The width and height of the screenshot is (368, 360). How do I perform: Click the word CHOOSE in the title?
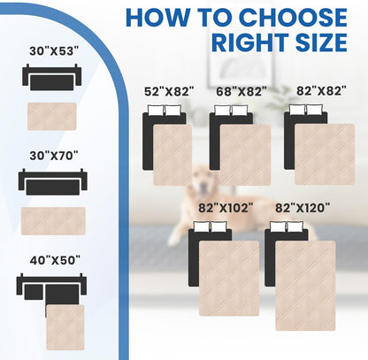(293, 18)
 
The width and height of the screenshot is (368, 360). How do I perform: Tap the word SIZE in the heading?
(321, 42)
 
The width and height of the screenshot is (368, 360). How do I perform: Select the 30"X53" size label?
(54, 51)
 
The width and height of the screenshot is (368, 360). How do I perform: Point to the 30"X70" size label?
(54, 156)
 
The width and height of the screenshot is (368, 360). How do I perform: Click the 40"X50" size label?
(55, 260)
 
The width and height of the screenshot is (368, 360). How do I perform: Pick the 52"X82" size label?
(169, 91)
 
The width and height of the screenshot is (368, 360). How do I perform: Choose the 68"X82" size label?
(241, 91)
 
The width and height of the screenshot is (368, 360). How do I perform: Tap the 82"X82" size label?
(321, 91)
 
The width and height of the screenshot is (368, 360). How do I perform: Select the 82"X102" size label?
(226, 208)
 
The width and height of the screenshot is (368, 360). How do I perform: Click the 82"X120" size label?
(303, 208)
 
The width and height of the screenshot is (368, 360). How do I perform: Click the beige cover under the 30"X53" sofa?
(52, 116)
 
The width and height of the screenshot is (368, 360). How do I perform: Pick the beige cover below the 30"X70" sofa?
(53, 221)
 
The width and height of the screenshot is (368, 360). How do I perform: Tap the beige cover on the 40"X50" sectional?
(65, 327)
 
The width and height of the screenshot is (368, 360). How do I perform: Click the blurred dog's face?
(202, 180)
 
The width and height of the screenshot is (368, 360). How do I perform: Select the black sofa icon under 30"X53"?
(52, 77)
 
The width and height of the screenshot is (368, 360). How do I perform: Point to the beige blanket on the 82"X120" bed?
(305, 286)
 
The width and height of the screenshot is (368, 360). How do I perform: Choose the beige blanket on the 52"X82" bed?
(172, 155)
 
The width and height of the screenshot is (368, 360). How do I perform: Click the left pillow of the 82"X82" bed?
(297, 110)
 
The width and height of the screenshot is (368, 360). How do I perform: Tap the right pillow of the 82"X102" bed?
(218, 226)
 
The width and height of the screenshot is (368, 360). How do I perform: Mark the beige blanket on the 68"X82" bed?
(245, 155)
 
